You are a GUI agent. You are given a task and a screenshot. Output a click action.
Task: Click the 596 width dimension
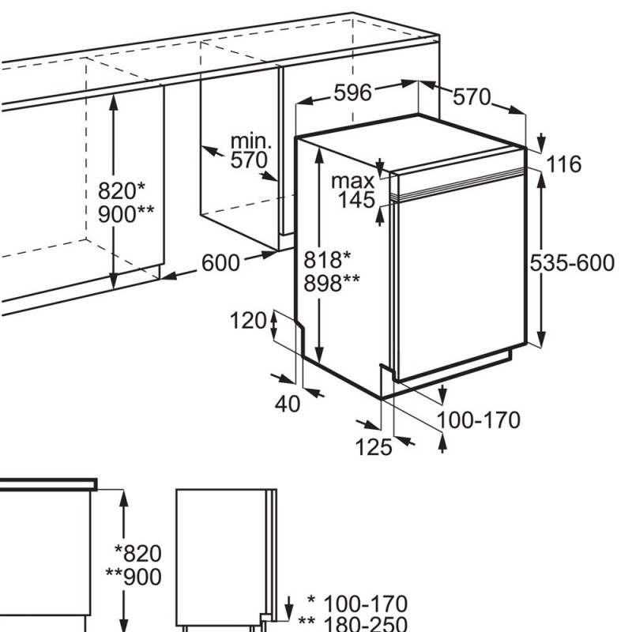click(x=352, y=92)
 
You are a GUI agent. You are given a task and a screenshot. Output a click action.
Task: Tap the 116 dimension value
click(x=563, y=164)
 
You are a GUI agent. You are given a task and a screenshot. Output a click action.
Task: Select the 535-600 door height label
click(x=572, y=263)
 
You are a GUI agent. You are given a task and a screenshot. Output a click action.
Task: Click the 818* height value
click(x=327, y=260)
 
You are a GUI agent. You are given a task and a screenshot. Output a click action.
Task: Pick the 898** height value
click(x=332, y=283)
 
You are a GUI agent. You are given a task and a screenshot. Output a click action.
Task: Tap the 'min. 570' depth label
click(x=250, y=151)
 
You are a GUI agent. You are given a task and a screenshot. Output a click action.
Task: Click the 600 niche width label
click(x=220, y=263)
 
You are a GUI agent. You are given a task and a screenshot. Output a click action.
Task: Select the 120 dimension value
click(x=248, y=322)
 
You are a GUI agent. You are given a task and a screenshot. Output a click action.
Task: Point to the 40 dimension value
click(x=288, y=404)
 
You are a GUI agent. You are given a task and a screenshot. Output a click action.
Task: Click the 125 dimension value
click(x=374, y=447)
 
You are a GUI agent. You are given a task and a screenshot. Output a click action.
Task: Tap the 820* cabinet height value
click(x=122, y=190)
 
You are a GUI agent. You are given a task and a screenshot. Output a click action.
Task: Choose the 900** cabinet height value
click(x=126, y=214)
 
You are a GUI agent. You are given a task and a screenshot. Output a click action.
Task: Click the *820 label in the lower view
click(x=138, y=554)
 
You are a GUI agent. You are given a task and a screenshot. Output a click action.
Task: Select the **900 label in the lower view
click(x=134, y=577)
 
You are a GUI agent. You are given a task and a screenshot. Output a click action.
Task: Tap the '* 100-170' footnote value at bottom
click(x=357, y=604)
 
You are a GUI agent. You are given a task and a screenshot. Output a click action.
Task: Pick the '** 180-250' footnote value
click(x=352, y=623)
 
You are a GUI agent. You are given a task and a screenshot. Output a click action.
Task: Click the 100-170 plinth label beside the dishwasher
click(x=479, y=420)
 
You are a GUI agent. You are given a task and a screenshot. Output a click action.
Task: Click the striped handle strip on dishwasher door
click(x=459, y=184)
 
